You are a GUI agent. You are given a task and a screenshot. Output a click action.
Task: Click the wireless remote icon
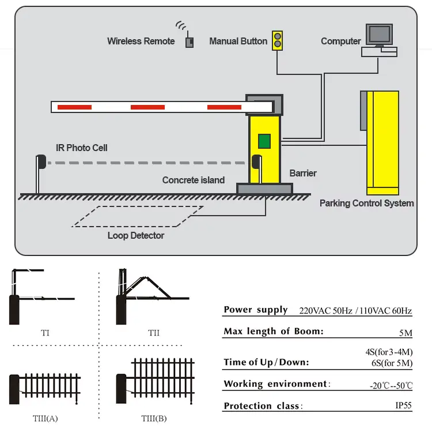click(x=188, y=42)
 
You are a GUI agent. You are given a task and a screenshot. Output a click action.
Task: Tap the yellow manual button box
click(x=278, y=40)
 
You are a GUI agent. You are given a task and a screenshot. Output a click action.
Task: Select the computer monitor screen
click(x=379, y=34)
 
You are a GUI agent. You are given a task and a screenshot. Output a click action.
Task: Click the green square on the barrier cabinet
click(x=264, y=141)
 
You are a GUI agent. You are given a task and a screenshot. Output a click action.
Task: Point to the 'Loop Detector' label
click(x=136, y=235)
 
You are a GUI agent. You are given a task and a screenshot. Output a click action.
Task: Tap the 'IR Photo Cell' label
click(x=81, y=148)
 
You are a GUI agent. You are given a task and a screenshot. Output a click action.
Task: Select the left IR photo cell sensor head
click(x=40, y=162)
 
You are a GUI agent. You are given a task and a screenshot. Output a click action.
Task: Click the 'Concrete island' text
click(x=193, y=180)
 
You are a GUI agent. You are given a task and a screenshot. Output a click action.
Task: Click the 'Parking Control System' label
click(x=366, y=203)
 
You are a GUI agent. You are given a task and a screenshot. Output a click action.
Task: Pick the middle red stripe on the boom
click(x=147, y=107)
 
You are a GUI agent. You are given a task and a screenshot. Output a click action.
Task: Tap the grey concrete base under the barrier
click(x=264, y=188)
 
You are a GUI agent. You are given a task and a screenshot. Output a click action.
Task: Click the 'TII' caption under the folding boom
click(x=153, y=333)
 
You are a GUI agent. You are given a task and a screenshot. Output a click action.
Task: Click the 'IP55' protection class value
click(x=403, y=405)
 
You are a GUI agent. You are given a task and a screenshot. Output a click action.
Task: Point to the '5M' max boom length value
click(x=406, y=332)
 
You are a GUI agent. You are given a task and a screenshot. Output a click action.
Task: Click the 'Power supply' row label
click(x=255, y=310)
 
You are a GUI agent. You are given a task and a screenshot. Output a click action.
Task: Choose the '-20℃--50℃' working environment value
click(x=391, y=385)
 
